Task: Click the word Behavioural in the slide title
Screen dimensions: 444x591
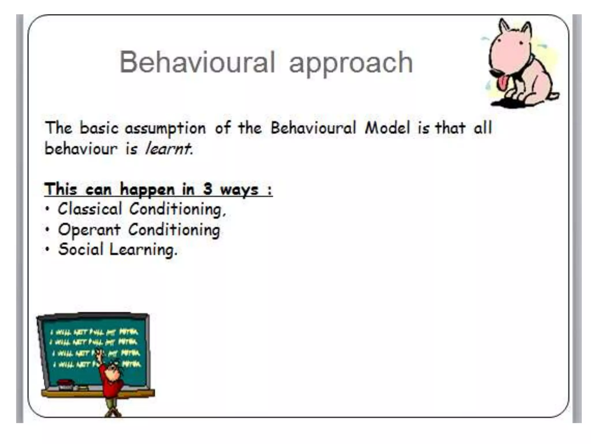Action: point(197,62)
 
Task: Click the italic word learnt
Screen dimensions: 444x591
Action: point(168,149)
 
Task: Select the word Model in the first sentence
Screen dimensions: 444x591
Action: point(387,128)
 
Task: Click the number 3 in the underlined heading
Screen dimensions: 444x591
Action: point(207,189)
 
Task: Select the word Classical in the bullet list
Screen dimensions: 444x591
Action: point(90,209)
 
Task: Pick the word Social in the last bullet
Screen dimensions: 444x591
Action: point(81,249)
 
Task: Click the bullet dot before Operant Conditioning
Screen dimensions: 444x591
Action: point(48,230)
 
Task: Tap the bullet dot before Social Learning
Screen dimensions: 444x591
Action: point(48,249)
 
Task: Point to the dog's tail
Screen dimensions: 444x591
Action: point(553,95)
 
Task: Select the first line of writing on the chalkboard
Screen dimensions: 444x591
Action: point(94,332)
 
